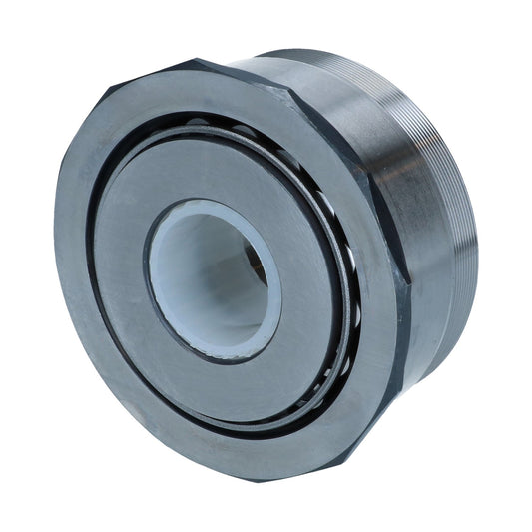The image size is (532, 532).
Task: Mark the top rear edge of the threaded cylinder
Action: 329,52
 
